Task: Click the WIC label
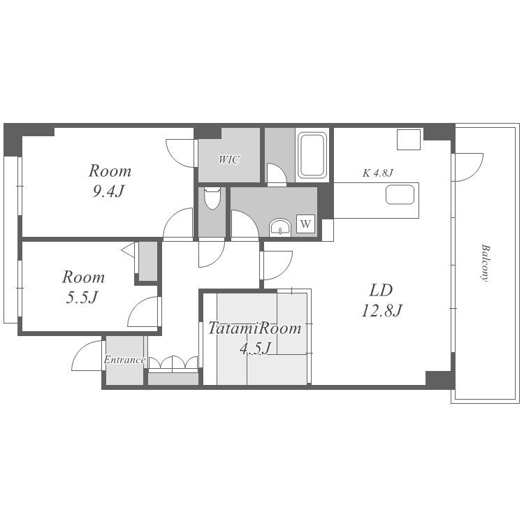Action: pos(229,159)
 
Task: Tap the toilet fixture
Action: pos(212,198)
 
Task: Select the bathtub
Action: pos(312,155)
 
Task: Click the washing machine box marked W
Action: pos(305,224)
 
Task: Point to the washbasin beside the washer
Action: pos(280,227)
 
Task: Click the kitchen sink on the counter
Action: pos(400,194)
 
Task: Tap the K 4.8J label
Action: pos(378,173)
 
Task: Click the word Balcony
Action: pos(485,263)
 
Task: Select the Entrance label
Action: pos(124,360)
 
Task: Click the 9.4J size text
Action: pos(108,191)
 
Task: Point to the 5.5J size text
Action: pos(82,297)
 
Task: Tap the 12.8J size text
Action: pos(381,310)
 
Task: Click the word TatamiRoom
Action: pos(254,328)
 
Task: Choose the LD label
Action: pos(381,291)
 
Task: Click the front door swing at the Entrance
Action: pos(87,355)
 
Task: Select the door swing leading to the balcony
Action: pos(467,167)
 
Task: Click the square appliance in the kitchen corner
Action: pos(409,139)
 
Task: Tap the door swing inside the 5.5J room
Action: pos(143,312)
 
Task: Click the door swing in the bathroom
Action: pos(277,174)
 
